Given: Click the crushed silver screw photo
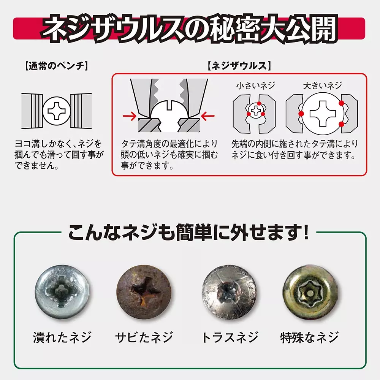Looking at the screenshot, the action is pos(62,291).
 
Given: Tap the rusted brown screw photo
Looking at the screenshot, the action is pos(144,291).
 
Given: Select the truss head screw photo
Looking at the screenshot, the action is pos(229,291).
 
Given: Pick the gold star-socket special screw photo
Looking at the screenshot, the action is pos(310,291).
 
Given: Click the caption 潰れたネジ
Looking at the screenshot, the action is pos(62,337).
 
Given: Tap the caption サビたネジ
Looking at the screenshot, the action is pos(144,337).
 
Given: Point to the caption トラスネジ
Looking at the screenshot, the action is pos(230,337).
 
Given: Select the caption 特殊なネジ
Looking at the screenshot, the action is pos(309,337).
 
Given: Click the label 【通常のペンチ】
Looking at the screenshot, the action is pos(56,66).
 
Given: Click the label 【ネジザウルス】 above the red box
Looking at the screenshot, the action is pos(239,66).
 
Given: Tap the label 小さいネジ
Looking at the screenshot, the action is pos(256,85).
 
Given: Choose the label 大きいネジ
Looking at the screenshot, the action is pos(322,85).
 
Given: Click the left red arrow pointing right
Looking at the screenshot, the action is pos(130,116).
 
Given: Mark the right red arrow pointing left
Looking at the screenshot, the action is pos(208,116).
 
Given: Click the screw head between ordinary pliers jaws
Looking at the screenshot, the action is pos(57,111).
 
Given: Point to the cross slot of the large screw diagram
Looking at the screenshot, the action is pos(323,114).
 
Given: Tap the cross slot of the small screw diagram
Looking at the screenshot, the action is pos(256,111).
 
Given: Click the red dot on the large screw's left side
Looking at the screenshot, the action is pos(301,114).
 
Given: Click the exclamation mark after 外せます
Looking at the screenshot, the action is pos(306,232).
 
